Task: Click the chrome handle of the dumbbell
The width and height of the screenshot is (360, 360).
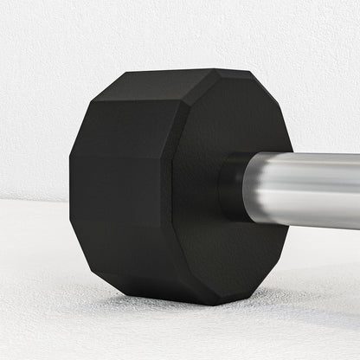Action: coord(312,190)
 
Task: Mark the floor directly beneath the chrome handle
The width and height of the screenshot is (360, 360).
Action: coord(320,277)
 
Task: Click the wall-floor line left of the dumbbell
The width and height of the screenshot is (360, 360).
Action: coord(35,201)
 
